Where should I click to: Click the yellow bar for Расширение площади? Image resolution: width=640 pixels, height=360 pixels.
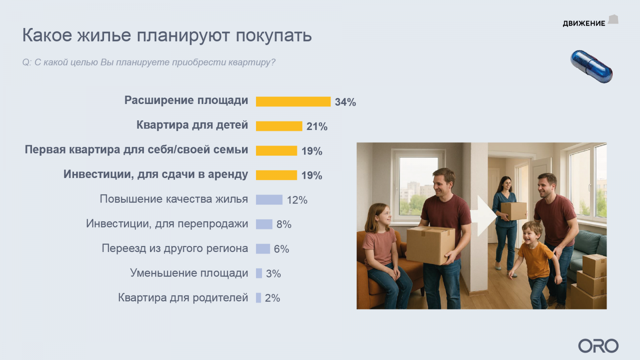pos(293,102)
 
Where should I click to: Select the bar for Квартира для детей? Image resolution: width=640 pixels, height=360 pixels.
pos(279,126)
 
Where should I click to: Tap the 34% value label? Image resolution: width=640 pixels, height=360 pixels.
pos(345,102)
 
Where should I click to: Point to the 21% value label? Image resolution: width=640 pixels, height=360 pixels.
pos(317,126)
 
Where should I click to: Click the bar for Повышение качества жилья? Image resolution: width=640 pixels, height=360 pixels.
pos(269,200)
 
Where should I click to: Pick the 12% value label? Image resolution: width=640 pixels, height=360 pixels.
pos(297,200)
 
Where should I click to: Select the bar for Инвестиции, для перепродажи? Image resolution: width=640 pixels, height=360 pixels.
pos(264,224)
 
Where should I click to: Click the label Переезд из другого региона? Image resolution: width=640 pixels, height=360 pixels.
pos(175,248)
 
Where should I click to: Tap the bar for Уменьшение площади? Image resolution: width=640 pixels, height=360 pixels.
pos(259,273)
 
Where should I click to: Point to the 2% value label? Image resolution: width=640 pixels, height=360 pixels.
pos(272,298)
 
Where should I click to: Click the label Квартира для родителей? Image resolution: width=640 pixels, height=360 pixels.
pos(183,298)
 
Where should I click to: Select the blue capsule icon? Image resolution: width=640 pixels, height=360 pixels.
pos(592,66)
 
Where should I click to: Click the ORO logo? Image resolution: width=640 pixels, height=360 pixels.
pos(598,346)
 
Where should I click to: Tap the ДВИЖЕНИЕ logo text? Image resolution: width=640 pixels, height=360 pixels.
pos(584,24)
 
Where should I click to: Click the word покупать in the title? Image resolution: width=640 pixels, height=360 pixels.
pos(274,36)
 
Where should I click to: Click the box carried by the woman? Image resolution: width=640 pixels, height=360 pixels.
pos(514,211)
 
